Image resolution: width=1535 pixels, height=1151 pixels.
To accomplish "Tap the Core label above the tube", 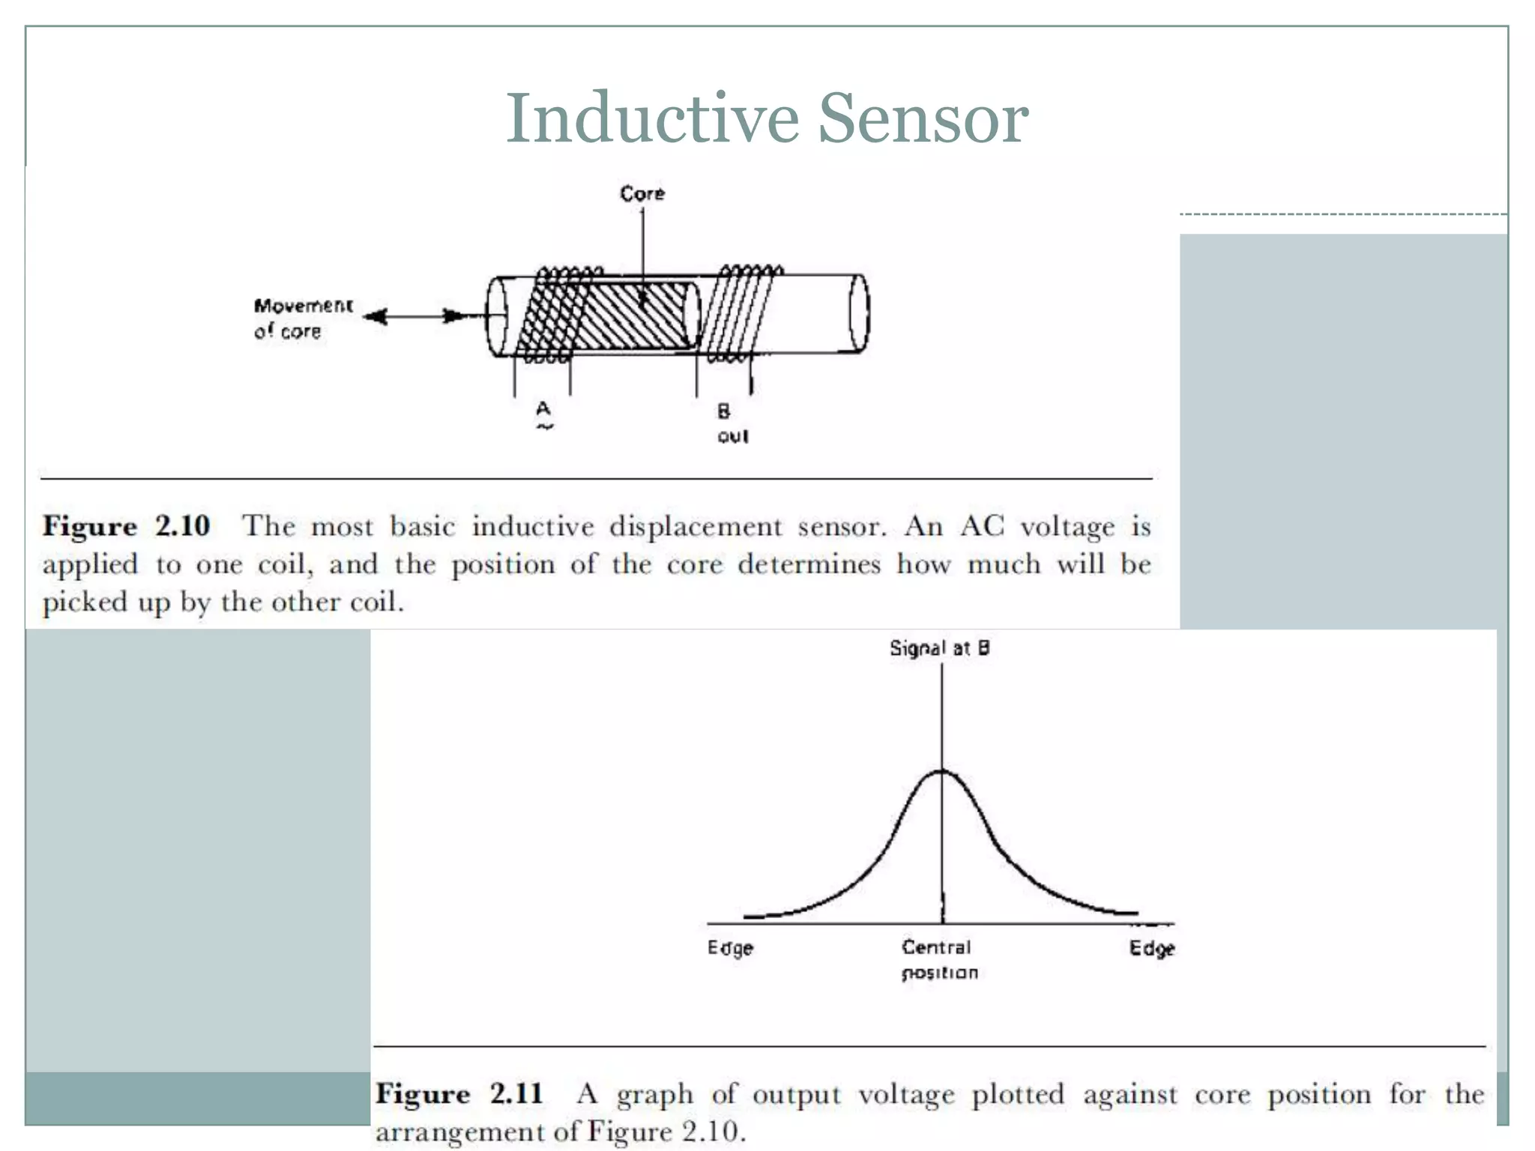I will (x=642, y=193).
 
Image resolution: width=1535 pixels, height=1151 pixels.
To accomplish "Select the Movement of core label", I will (x=302, y=318).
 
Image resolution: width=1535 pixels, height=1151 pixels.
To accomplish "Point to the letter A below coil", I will (x=543, y=408).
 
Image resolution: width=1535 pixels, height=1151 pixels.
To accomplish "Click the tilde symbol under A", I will (x=544, y=427).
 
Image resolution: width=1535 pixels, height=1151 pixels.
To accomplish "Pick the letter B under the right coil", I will (x=723, y=411).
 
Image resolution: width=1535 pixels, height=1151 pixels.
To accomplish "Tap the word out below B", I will (x=732, y=436).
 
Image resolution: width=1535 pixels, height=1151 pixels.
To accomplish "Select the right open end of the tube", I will (x=859, y=312).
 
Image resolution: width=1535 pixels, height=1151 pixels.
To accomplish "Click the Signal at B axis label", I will (x=939, y=648).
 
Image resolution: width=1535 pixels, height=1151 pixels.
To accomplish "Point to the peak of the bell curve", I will (x=941, y=772).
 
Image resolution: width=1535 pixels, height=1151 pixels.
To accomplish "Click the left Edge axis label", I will (x=730, y=949).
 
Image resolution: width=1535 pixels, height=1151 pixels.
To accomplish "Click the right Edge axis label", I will (x=1152, y=949).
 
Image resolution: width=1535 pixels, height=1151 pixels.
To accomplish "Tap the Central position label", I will (x=938, y=960).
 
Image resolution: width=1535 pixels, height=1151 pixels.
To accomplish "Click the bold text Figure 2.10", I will (x=126, y=526).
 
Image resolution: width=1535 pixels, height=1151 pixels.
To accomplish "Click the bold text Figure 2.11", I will (x=459, y=1094).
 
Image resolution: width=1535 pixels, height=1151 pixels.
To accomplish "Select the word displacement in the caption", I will (x=695, y=527).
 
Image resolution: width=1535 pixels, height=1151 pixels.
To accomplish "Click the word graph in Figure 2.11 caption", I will (x=654, y=1096).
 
